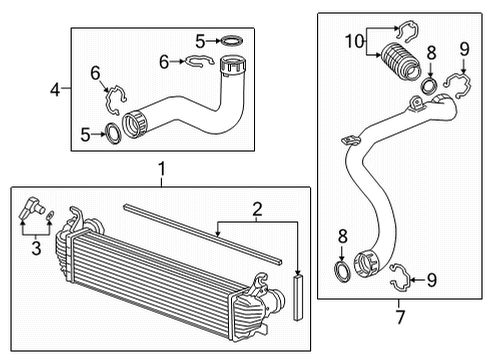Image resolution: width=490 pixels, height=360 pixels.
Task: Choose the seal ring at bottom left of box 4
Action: tap(113, 132)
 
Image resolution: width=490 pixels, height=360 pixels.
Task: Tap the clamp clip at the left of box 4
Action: tap(119, 99)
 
